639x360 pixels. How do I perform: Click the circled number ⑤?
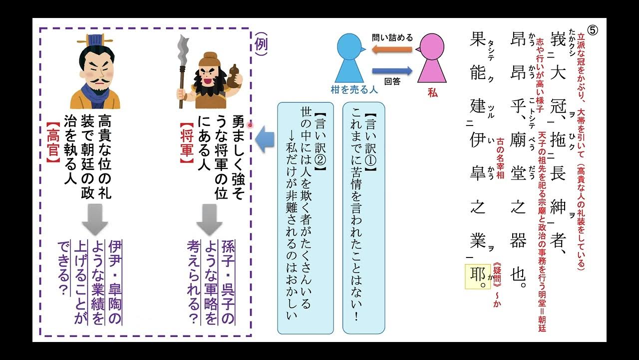coord(593,30)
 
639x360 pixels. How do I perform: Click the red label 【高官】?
coord(53,144)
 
